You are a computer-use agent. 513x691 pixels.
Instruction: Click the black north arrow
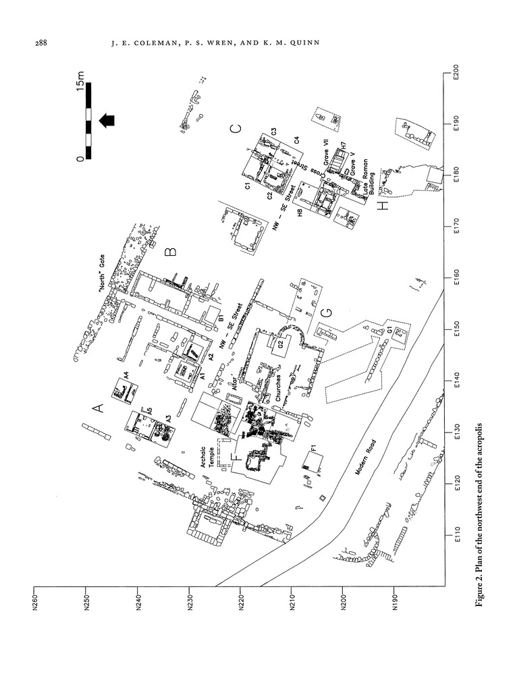(x=107, y=121)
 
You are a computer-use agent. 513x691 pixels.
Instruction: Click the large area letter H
(x=383, y=205)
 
